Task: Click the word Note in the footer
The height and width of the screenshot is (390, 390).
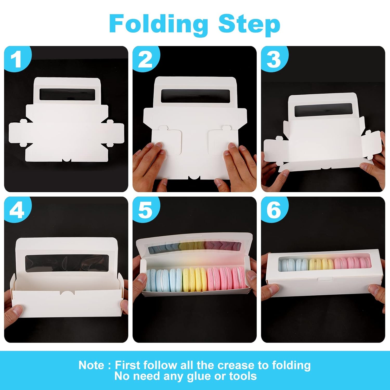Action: tap(91, 365)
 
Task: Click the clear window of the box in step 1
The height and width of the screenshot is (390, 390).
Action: tap(67, 94)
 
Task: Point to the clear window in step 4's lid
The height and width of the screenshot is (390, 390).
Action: tap(67, 263)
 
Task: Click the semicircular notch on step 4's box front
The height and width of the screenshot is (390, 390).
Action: tap(67, 293)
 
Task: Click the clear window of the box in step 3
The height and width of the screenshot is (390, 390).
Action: tap(323, 110)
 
